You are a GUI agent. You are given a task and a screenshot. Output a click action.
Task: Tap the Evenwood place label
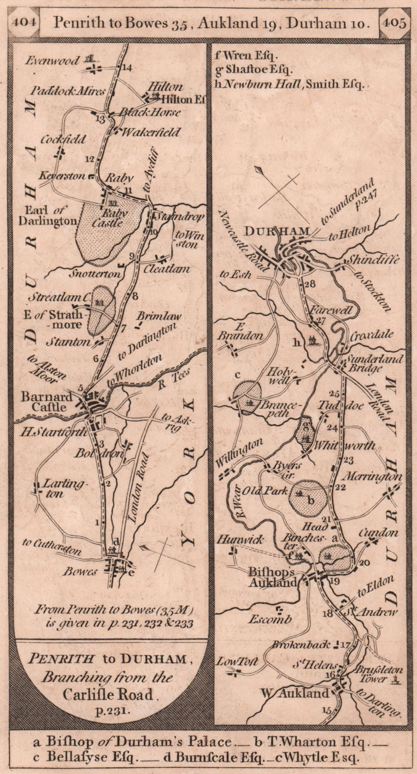(53, 61)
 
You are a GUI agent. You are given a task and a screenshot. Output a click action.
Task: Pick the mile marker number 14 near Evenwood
(127, 68)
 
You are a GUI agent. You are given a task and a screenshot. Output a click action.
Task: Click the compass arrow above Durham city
(259, 170)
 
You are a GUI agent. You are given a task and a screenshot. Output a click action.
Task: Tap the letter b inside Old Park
(312, 501)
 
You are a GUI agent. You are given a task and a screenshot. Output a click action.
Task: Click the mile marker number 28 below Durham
(310, 284)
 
